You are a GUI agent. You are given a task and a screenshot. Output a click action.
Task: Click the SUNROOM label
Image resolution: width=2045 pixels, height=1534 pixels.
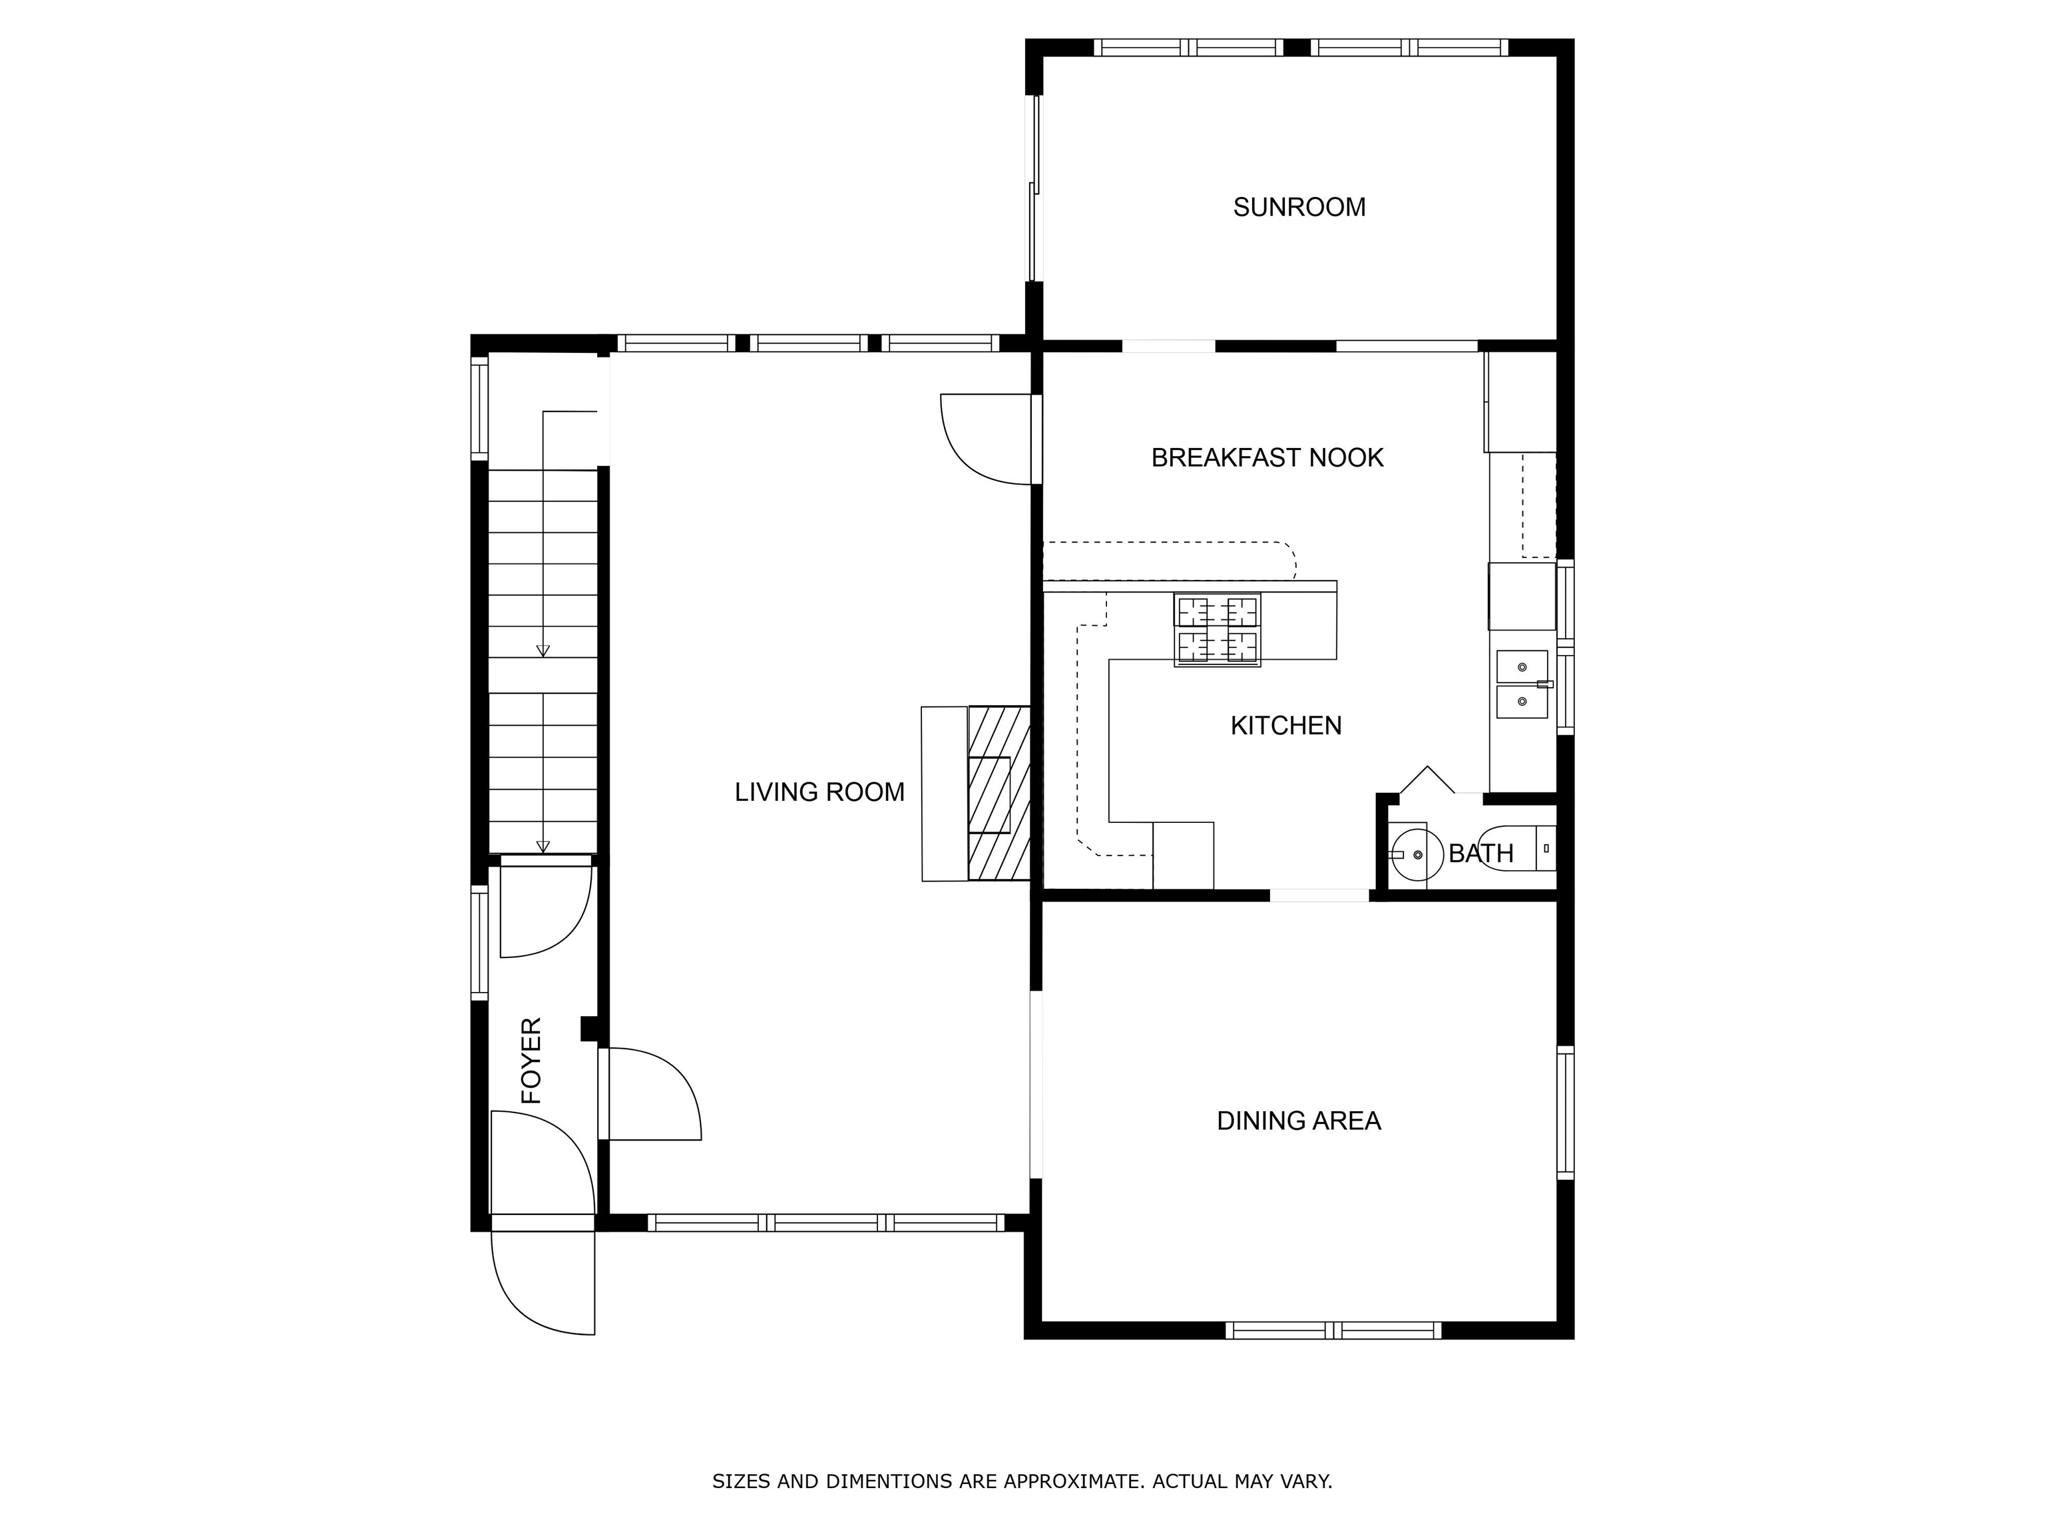pyautogui.click(x=1299, y=207)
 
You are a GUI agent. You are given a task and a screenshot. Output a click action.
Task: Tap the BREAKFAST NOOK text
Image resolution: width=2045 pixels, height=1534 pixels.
pyautogui.click(x=1267, y=457)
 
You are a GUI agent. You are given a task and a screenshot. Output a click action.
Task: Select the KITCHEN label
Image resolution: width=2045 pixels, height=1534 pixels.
pyautogui.click(x=1285, y=726)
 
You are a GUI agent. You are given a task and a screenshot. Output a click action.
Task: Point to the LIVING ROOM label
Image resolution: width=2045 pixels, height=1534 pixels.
pyautogui.click(x=819, y=792)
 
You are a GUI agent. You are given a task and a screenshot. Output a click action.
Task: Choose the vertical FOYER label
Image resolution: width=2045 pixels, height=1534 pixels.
pyautogui.click(x=532, y=1061)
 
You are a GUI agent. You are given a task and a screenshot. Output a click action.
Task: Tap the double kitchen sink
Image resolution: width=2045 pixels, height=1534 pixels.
pyautogui.click(x=1522, y=684)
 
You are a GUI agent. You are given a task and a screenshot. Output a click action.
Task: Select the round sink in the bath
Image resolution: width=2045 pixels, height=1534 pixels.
pyautogui.click(x=1417, y=854)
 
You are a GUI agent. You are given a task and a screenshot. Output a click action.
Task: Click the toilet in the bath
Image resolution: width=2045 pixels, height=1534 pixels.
pyautogui.click(x=1516, y=848)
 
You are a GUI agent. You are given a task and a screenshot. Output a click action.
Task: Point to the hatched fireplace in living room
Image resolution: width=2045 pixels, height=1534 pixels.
pyautogui.click(x=999, y=792)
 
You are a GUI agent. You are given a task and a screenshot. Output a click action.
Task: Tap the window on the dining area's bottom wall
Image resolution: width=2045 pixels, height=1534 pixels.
pyautogui.click(x=1333, y=1330)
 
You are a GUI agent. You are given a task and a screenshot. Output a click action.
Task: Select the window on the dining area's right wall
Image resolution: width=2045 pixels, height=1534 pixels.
pyautogui.click(x=1564, y=1113)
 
